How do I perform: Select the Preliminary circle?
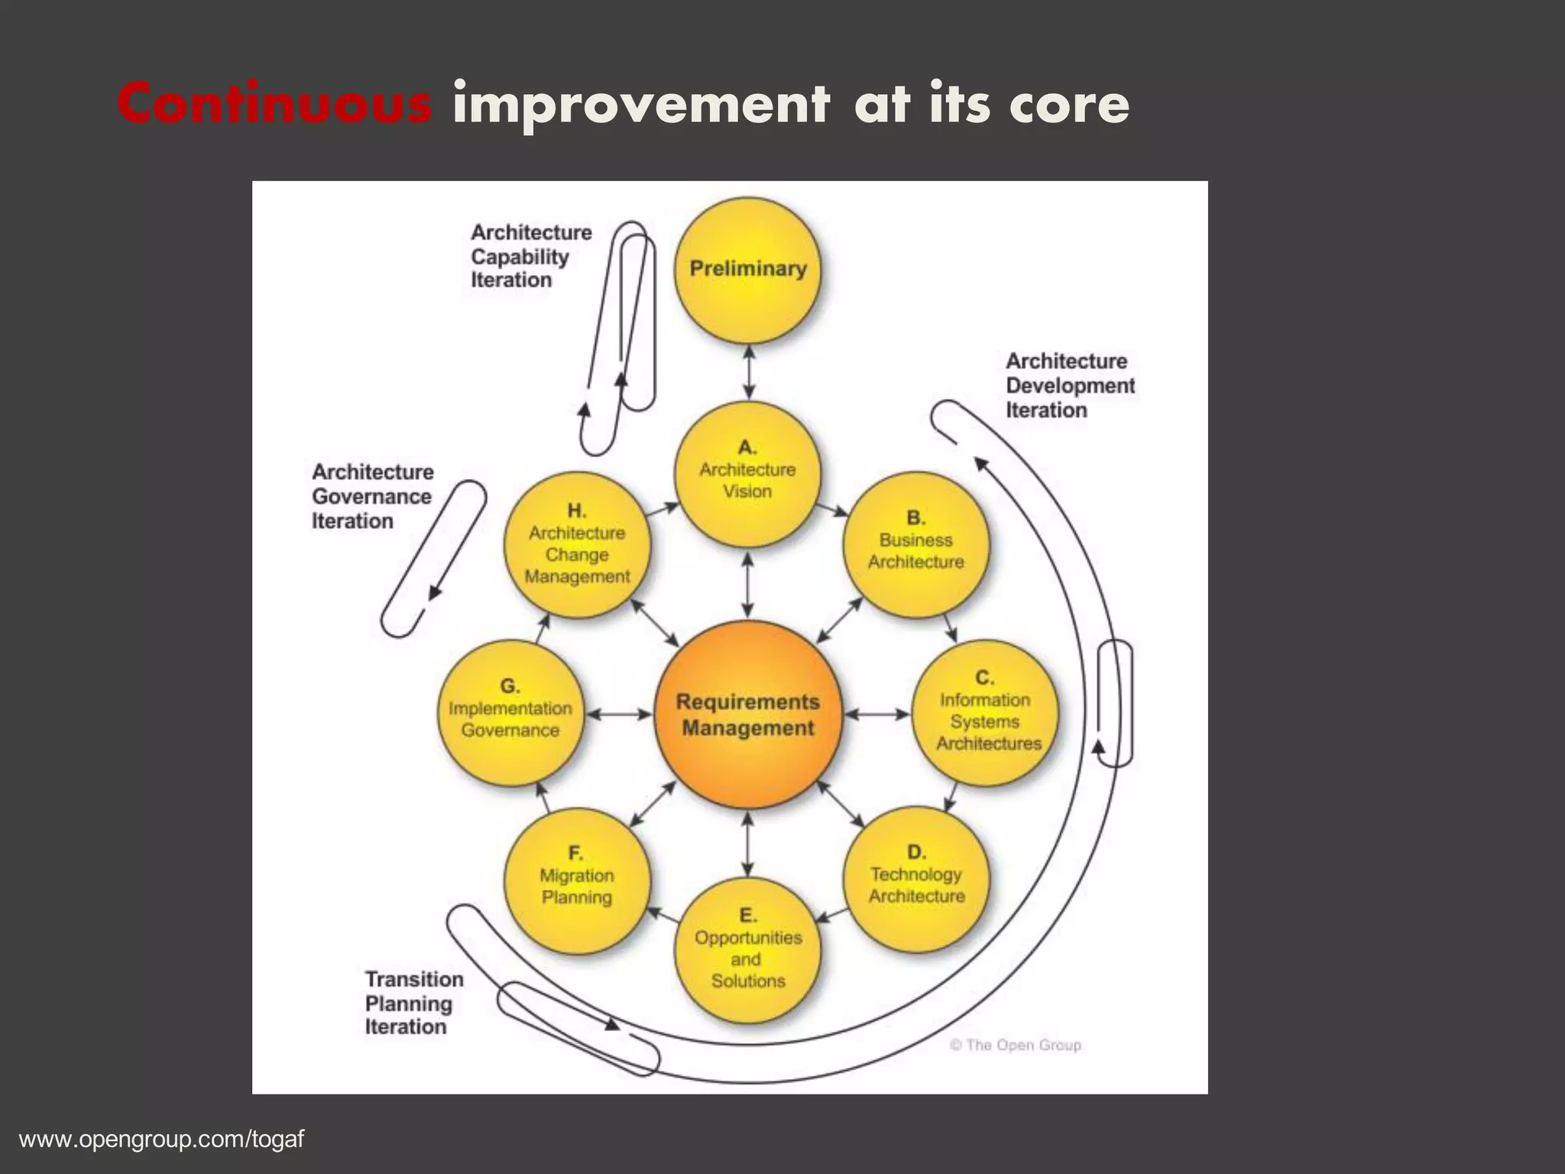coord(747,268)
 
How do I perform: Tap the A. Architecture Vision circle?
coord(747,474)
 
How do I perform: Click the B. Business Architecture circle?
coord(915,544)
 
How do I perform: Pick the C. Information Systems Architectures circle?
coord(986,713)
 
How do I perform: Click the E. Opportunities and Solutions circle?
coord(747,951)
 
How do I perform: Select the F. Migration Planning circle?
coord(577,880)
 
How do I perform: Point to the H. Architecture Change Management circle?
coord(577,544)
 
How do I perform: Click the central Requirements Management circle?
coord(747,715)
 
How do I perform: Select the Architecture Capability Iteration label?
coord(530,256)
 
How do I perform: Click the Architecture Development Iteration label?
coord(1069,385)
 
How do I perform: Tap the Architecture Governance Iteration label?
coord(372,496)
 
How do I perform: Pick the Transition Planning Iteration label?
coord(413,1003)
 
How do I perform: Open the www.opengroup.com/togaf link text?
coord(161,1140)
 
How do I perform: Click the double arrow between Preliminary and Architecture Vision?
coord(748,372)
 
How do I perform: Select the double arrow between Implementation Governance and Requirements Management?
coord(618,715)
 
